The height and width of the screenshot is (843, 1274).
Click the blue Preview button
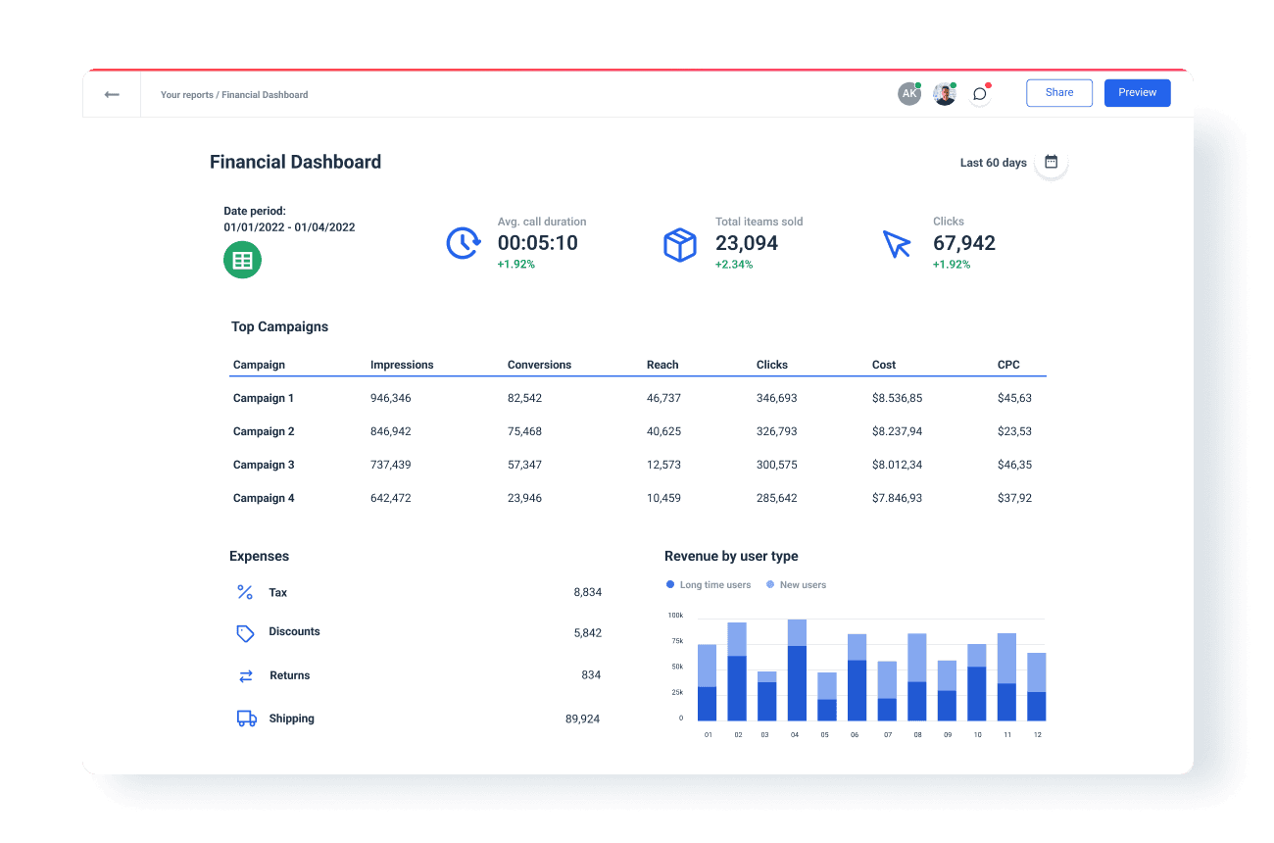tap(1137, 93)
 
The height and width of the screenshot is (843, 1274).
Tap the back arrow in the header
tap(112, 95)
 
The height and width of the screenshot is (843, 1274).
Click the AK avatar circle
tap(909, 94)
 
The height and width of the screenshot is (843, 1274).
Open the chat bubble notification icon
tap(979, 94)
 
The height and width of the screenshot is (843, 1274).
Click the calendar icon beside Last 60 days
tap(1051, 162)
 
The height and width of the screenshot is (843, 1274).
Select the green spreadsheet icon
tap(242, 260)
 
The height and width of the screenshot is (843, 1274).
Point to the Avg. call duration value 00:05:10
tap(537, 243)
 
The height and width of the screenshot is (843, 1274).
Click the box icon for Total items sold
tap(679, 244)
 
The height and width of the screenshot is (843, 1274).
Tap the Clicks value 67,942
tap(963, 243)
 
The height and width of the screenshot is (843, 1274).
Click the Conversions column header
tap(539, 365)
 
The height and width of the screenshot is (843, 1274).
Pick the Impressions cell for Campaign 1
tap(390, 398)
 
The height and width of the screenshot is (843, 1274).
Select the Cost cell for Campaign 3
tap(897, 465)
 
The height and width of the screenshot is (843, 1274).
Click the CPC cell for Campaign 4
tap(1014, 498)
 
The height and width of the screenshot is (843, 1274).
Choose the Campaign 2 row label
tap(264, 431)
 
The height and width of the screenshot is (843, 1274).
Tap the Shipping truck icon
tap(246, 719)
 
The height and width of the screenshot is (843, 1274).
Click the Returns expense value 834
tap(591, 675)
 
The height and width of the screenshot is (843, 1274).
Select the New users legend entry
tap(797, 585)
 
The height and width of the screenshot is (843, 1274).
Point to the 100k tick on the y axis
tap(675, 616)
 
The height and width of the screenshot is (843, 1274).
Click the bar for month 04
tap(797, 670)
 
